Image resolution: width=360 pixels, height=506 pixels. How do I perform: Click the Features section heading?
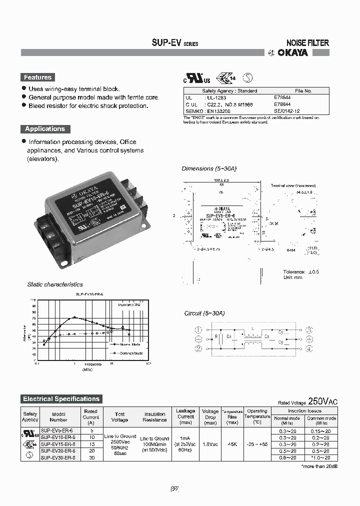[x=38, y=77]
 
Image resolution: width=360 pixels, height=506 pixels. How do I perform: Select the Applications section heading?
[x=45, y=129]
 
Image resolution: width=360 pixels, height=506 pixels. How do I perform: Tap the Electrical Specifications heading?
[x=61, y=399]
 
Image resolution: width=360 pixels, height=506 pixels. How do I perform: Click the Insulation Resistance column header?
[x=155, y=417]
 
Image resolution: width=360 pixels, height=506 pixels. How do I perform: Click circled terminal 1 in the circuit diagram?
[x=198, y=329]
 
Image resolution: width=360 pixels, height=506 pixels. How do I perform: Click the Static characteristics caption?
[x=55, y=284]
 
